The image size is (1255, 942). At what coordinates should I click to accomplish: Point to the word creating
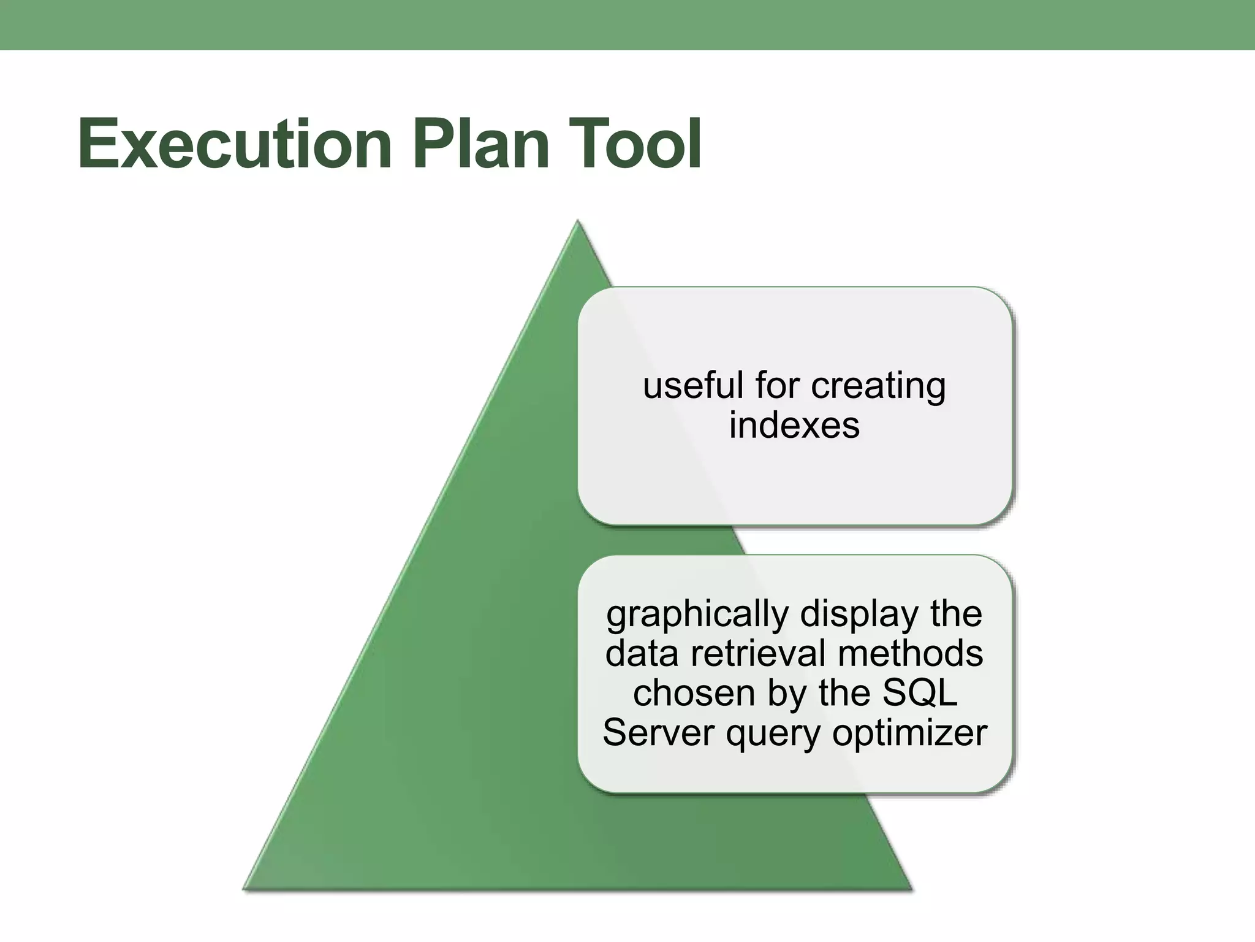tap(878, 387)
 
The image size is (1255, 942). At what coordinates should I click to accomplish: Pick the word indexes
tap(794, 425)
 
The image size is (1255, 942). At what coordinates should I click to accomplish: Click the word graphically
tap(697, 615)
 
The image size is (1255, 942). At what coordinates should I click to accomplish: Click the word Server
tap(659, 732)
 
